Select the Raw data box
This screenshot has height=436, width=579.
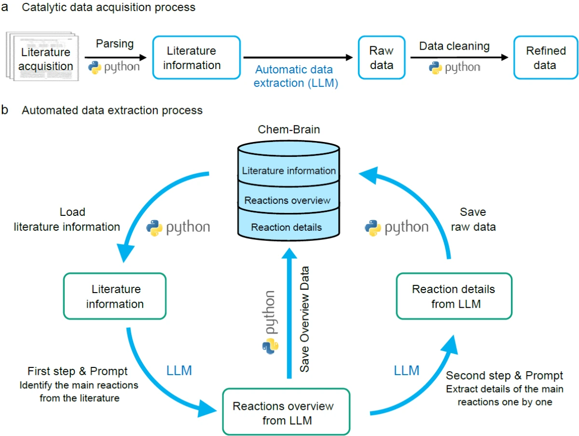click(382, 57)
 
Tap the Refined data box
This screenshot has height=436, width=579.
click(545, 57)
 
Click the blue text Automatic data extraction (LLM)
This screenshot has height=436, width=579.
click(296, 76)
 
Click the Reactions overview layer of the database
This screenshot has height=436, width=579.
click(287, 200)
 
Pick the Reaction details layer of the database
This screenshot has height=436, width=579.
click(287, 227)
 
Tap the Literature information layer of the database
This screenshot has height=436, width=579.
click(289, 170)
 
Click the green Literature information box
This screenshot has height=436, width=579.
click(114, 296)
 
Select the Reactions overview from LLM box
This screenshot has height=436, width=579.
click(286, 412)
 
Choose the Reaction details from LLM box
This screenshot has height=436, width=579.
click(453, 295)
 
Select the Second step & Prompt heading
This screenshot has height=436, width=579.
click(504, 376)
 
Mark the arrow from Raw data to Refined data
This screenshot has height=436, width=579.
click(459, 57)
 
